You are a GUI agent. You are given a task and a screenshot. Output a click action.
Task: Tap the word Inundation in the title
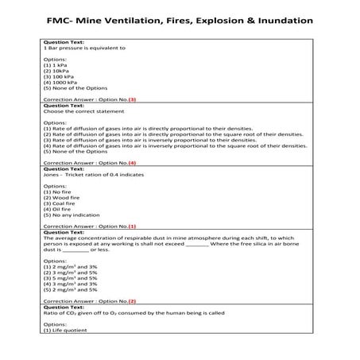tap(280, 18)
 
